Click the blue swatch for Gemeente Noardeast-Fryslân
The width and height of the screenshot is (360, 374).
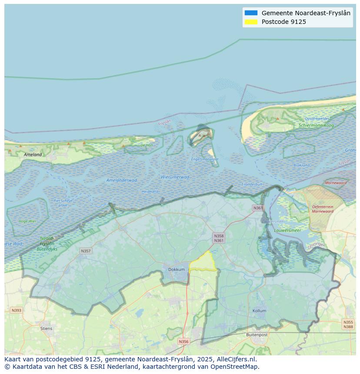tap(251, 13)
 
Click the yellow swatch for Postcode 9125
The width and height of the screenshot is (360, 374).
tap(251, 22)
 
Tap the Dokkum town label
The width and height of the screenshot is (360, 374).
tap(177, 269)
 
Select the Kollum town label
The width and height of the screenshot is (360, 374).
tap(259, 311)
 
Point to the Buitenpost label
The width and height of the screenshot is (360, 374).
tap(257, 335)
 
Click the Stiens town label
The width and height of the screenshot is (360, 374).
tap(46, 328)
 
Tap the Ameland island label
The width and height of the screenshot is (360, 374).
tap(33, 154)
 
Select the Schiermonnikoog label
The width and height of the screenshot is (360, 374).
tap(316, 125)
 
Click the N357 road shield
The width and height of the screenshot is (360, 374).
tap(86, 251)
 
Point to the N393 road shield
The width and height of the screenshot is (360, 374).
tap(16, 310)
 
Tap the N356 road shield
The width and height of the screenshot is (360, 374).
tap(183, 341)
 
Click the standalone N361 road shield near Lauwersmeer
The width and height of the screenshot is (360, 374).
tap(258, 208)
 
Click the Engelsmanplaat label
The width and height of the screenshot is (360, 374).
tap(205, 159)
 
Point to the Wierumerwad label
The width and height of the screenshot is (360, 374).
tap(175, 177)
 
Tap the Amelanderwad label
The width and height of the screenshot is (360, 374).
tap(122, 180)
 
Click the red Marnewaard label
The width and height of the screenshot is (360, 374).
tap(336, 183)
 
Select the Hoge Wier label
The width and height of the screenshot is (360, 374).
tap(27, 221)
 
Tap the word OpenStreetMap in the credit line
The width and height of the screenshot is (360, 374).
tap(235, 367)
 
